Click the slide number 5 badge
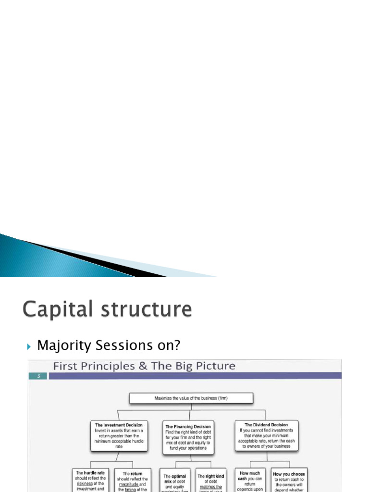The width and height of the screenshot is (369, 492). (x=38, y=376)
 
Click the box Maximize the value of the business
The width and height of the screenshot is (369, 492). (x=191, y=398)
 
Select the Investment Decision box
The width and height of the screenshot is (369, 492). (x=119, y=436)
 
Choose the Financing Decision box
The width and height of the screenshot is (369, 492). (x=188, y=437)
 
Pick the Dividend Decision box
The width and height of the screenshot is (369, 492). (x=266, y=436)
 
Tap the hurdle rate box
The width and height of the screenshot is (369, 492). (x=90, y=480)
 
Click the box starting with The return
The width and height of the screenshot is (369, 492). (x=133, y=480)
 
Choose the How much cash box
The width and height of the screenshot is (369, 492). (x=250, y=480)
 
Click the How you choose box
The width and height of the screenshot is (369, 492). (x=289, y=480)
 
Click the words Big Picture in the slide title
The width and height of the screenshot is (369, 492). (x=207, y=366)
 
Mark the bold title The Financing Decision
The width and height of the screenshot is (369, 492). (x=188, y=427)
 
